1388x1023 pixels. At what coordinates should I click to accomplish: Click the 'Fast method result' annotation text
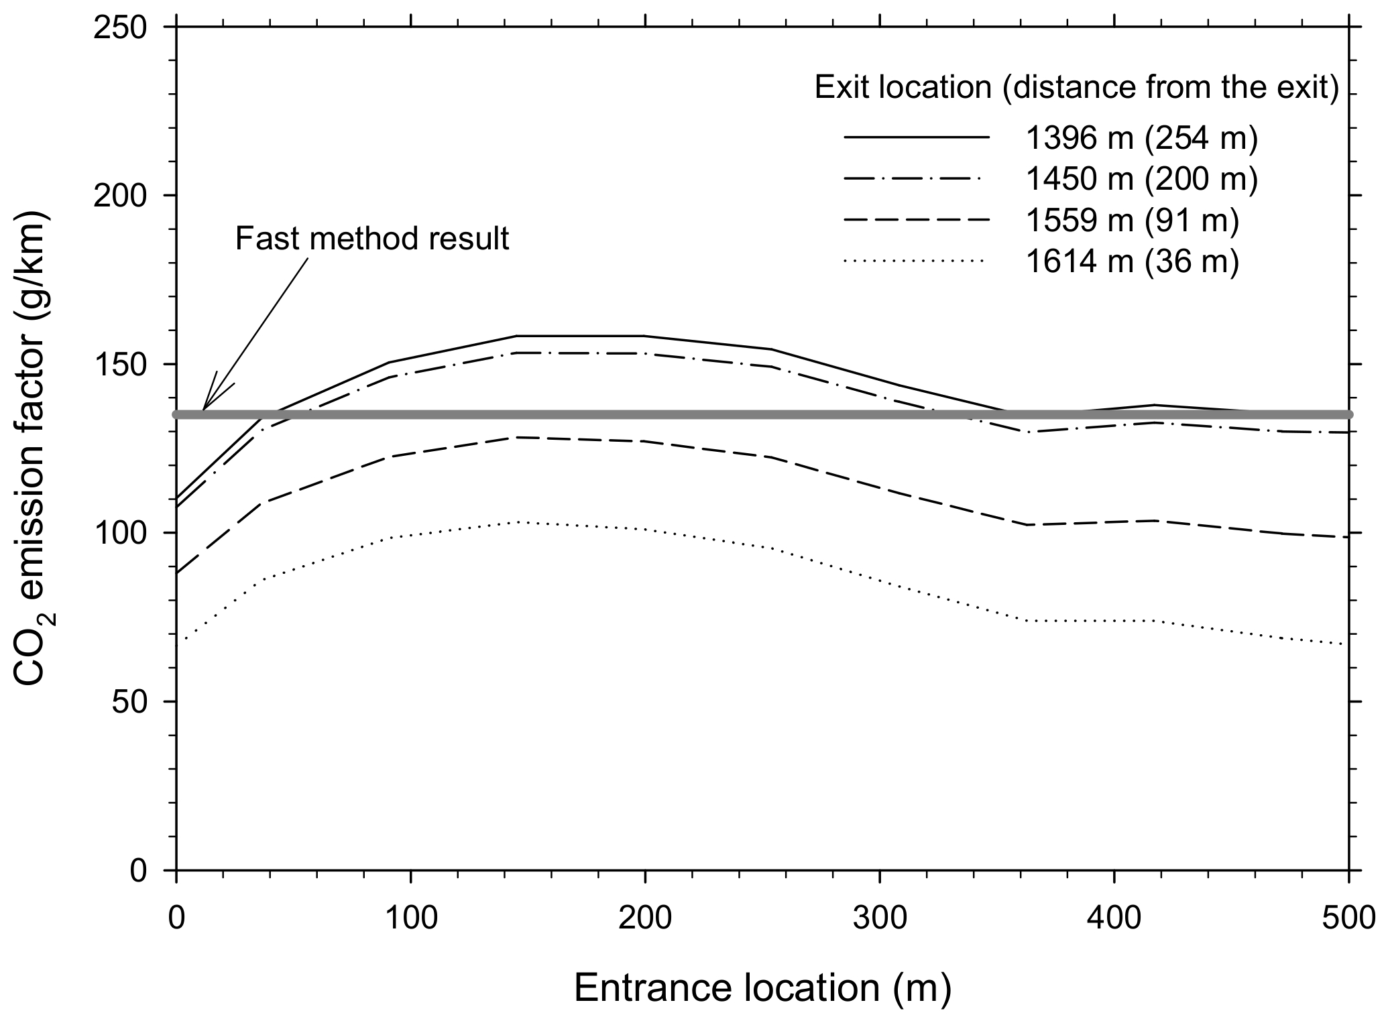coord(372,239)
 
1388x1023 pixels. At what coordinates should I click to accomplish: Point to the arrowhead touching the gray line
coord(204,409)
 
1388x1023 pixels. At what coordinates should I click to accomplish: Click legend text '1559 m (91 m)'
coord(1132,221)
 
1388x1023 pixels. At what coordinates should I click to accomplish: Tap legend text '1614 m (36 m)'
coord(1132,262)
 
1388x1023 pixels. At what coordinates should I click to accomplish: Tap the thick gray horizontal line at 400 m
coord(1114,414)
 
